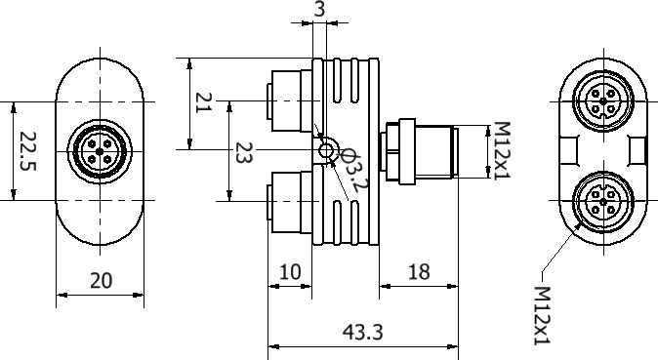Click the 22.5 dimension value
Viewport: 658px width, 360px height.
(28, 151)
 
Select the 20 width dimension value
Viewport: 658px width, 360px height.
(102, 281)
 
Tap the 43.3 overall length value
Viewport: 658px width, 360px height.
(363, 333)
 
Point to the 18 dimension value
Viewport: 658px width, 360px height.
(419, 272)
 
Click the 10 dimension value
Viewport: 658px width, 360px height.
(290, 272)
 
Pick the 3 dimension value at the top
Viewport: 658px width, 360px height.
(319, 9)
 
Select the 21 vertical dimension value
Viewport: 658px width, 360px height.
(203, 102)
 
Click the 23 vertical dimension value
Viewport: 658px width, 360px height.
(243, 153)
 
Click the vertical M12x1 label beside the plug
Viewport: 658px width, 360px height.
(501, 150)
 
